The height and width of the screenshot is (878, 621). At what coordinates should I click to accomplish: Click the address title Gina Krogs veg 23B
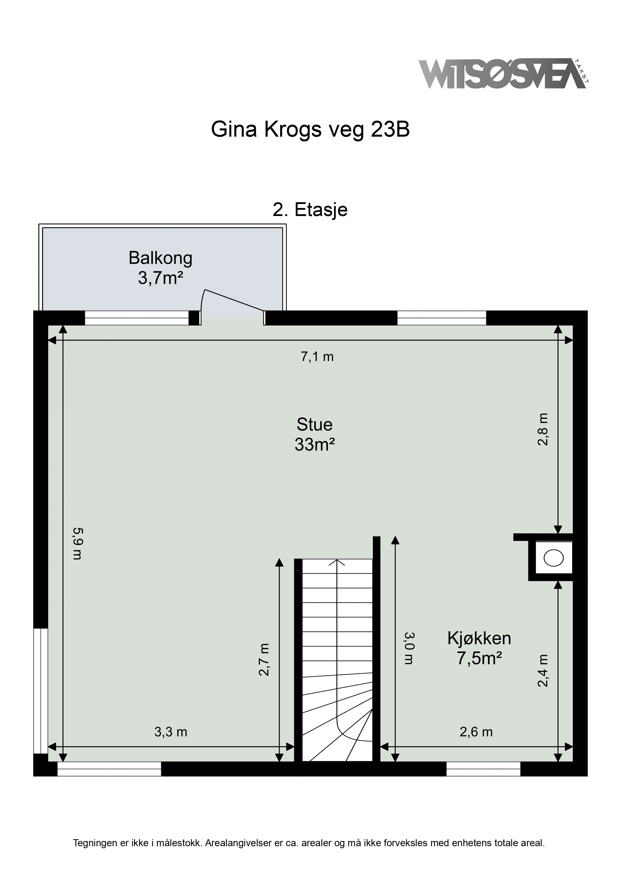coord(310,130)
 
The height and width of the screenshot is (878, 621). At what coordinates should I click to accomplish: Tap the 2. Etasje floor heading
coord(310,210)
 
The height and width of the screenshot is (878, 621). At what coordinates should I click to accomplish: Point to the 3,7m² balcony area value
coord(161,278)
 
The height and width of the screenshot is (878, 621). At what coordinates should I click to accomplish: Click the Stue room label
coord(315,424)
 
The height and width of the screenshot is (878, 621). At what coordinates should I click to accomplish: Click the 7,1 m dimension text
coord(317,357)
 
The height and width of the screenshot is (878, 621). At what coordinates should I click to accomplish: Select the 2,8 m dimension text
coord(543,429)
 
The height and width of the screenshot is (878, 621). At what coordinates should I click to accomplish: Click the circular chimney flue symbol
coord(554,558)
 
